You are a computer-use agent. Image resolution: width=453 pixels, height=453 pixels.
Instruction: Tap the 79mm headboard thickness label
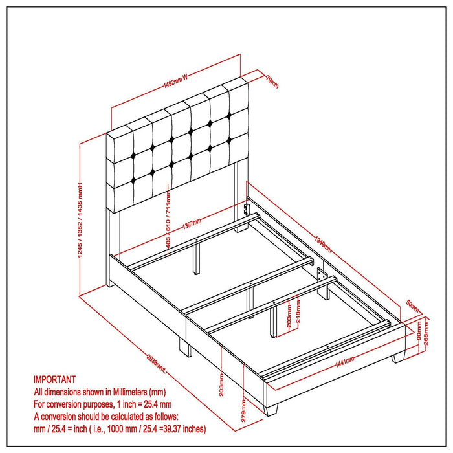click(x=272, y=81)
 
